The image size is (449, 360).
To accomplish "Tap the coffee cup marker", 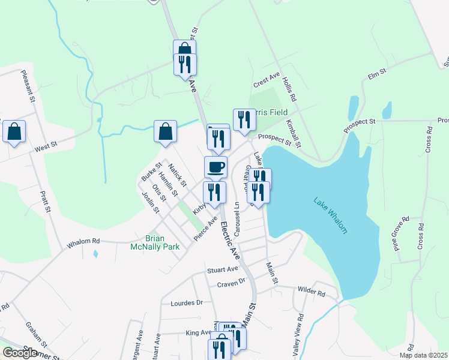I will pyautogui.click(x=215, y=167).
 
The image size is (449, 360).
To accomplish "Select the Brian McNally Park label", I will pyautogui.click(x=155, y=242).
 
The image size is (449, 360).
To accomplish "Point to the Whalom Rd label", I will pyautogui.click(x=83, y=241).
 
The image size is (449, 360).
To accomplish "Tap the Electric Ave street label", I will pyautogui.click(x=230, y=241).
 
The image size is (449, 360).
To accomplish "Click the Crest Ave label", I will pyautogui.click(x=267, y=79).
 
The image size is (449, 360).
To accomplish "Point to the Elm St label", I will pyautogui.click(x=377, y=74).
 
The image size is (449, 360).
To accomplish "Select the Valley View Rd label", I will pyautogui.click(x=298, y=335).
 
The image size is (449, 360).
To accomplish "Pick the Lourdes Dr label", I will pyautogui.click(x=187, y=303).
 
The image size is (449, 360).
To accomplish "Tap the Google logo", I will pyautogui.click(x=20, y=352).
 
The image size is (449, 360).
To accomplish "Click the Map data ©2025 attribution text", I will pyautogui.click(x=423, y=355).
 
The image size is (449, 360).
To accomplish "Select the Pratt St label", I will pyautogui.click(x=44, y=202).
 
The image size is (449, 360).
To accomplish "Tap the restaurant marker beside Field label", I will pyautogui.click(x=244, y=119).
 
